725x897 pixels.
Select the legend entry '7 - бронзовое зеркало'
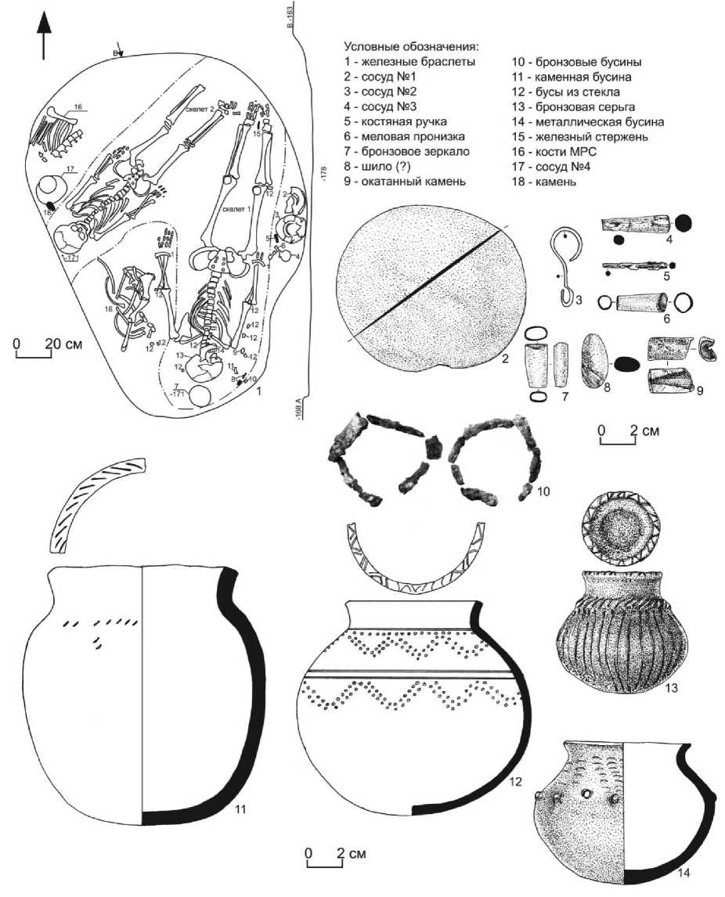point(402,151)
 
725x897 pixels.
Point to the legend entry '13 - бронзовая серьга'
point(573,106)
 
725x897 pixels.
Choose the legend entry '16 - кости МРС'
point(549,167)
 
